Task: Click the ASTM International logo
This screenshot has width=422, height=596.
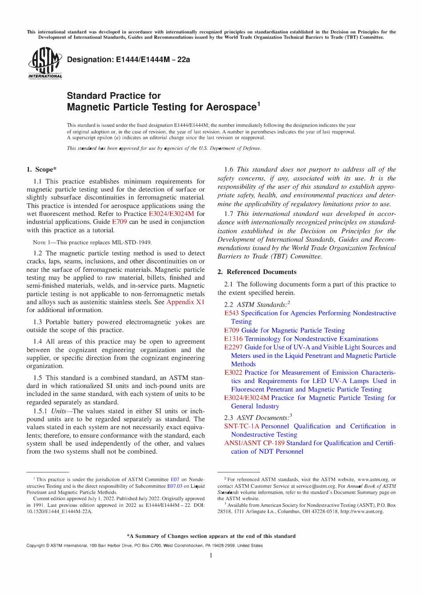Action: [45, 63]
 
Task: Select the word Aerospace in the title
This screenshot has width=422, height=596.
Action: [234, 107]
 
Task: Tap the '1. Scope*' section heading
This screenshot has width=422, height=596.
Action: [41, 169]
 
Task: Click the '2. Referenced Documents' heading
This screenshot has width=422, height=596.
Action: [257, 272]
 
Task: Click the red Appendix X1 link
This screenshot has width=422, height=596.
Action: [185, 302]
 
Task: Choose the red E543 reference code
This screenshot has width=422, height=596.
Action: [231, 313]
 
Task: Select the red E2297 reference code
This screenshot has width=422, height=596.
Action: [233, 347]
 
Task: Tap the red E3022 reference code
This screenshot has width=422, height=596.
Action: [233, 372]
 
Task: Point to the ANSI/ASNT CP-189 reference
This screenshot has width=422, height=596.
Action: [254, 443]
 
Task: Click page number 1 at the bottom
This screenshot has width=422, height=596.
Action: [211, 556]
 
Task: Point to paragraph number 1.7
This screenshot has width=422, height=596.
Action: [229, 214]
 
